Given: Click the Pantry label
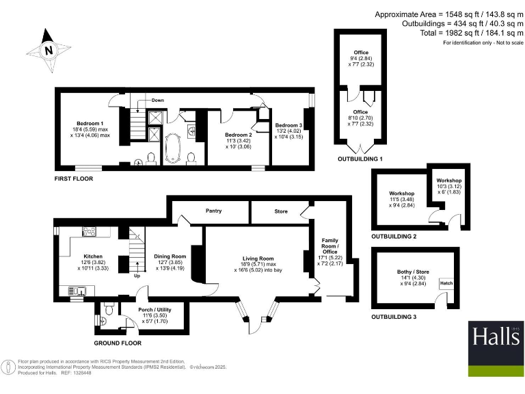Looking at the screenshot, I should [x=214, y=211].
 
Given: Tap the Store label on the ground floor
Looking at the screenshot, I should [x=280, y=211].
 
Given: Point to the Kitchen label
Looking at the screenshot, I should [x=93, y=257].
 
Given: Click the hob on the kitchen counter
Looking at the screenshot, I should [x=89, y=231].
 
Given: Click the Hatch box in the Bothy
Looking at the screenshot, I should [x=446, y=283].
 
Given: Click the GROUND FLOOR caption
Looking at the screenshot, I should [x=118, y=343].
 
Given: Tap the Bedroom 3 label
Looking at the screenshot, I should [x=288, y=126].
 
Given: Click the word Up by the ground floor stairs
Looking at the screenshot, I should [x=137, y=276].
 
